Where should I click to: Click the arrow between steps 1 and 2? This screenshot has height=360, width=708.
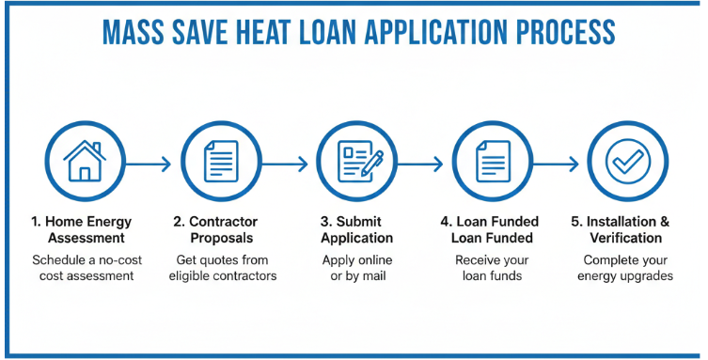click(149, 164)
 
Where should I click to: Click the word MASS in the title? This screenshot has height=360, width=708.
click(131, 33)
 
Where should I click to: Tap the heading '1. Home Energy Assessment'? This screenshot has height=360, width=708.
click(82, 230)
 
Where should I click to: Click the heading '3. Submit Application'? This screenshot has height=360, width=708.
click(357, 230)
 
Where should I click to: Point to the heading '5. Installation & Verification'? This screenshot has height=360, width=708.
click(622, 230)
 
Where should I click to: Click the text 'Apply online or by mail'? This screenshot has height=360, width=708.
click(357, 268)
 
